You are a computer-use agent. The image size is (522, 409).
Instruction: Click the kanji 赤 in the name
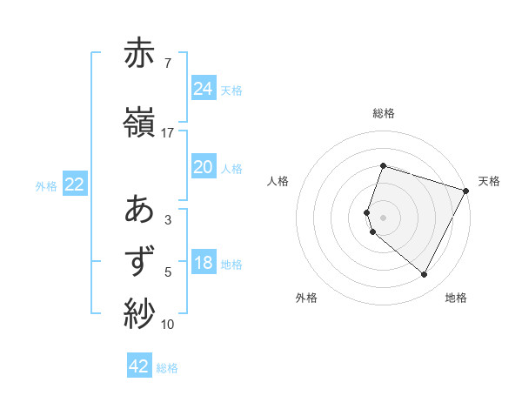pyautogui.click(x=140, y=53)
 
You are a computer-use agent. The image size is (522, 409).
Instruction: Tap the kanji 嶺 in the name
pyautogui.click(x=140, y=123)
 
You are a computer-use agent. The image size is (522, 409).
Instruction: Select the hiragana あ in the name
pyautogui.click(x=140, y=210)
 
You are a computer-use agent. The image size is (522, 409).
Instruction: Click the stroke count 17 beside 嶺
pyautogui.click(x=168, y=133)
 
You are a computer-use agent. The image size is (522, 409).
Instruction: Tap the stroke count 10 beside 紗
pyautogui.click(x=168, y=325)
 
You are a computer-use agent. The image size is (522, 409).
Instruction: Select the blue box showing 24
pyautogui.click(x=204, y=88)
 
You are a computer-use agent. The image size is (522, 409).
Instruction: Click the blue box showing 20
pyautogui.click(x=204, y=167)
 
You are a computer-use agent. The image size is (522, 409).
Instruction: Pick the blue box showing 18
pyautogui.click(x=204, y=263)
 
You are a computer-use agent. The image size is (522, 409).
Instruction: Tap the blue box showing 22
pyautogui.click(x=74, y=184)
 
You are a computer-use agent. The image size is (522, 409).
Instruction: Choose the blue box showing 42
pyautogui.click(x=139, y=366)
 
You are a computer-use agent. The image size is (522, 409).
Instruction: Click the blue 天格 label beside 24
pyautogui.click(x=231, y=90)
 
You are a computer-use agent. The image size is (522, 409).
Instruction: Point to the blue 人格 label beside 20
pyautogui.click(x=231, y=168)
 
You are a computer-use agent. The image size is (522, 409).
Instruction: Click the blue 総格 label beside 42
pyautogui.click(x=167, y=368)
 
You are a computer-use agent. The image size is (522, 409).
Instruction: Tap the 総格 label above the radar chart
pyautogui.click(x=384, y=113)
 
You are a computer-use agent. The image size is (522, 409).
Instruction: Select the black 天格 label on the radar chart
pyautogui.click(x=490, y=181)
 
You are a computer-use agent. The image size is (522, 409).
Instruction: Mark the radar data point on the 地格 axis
pyautogui.click(x=425, y=275)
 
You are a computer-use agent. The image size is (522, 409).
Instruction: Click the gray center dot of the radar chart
pyautogui.click(x=384, y=217)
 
